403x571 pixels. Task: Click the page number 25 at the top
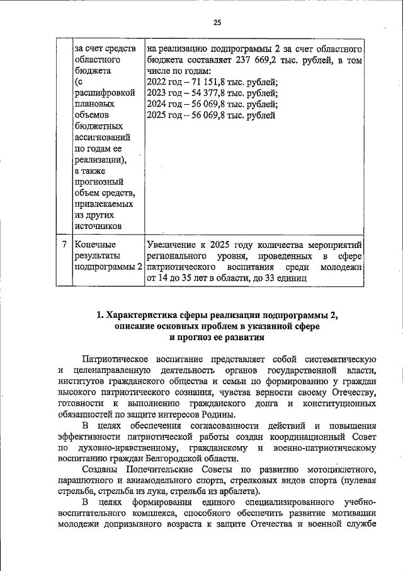[x=217, y=23]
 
